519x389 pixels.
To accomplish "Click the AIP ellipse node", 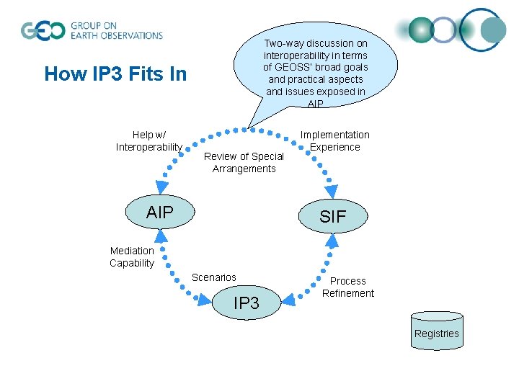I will click(x=160, y=212).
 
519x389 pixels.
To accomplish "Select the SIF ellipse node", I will click(x=332, y=215).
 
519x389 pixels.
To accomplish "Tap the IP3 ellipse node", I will click(x=247, y=303).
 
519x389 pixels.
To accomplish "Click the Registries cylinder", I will click(x=436, y=331).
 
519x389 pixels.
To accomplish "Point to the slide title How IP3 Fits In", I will click(x=115, y=74).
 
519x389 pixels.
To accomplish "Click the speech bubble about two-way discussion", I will click(x=315, y=68).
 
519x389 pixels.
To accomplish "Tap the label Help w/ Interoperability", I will click(x=148, y=140).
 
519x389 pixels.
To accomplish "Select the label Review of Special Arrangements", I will click(x=244, y=162).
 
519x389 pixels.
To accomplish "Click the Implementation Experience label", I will click(x=334, y=140).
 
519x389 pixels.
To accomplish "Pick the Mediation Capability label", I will click(x=132, y=256).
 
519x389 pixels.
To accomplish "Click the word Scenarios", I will click(x=214, y=277).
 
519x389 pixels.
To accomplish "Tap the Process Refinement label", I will click(x=348, y=287).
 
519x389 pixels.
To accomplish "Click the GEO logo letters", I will click(x=42, y=31).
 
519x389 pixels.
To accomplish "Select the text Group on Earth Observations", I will click(x=117, y=30).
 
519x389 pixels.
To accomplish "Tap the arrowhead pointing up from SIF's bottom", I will click(x=331, y=241).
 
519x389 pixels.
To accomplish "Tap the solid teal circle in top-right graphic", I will click(x=494, y=30).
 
